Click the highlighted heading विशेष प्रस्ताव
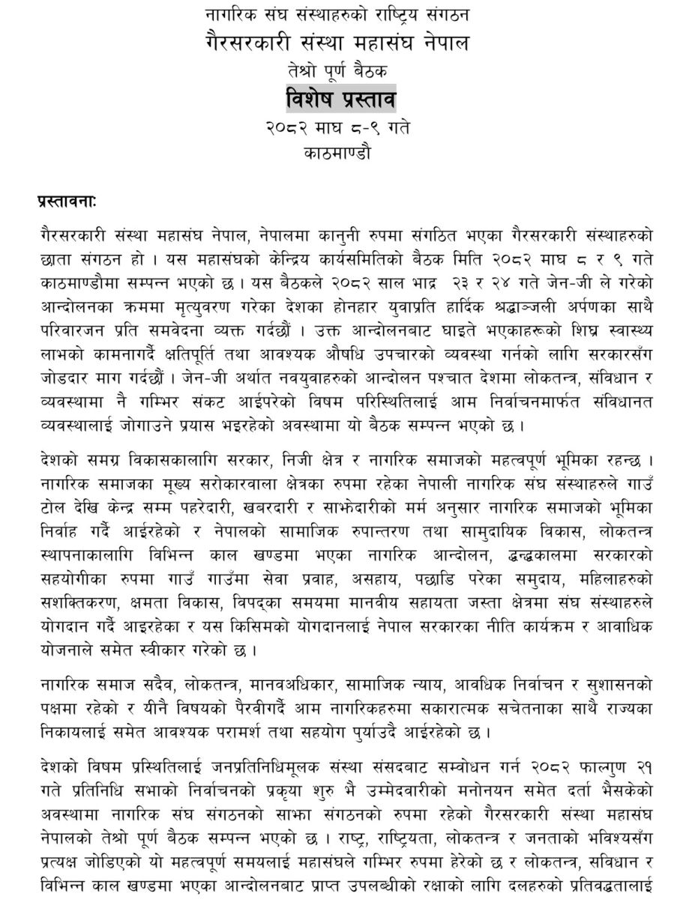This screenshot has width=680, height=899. [x=340, y=98]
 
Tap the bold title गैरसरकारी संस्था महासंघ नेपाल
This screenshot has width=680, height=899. [x=340, y=44]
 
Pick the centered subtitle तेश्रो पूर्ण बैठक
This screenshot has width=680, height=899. [x=340, y=72]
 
